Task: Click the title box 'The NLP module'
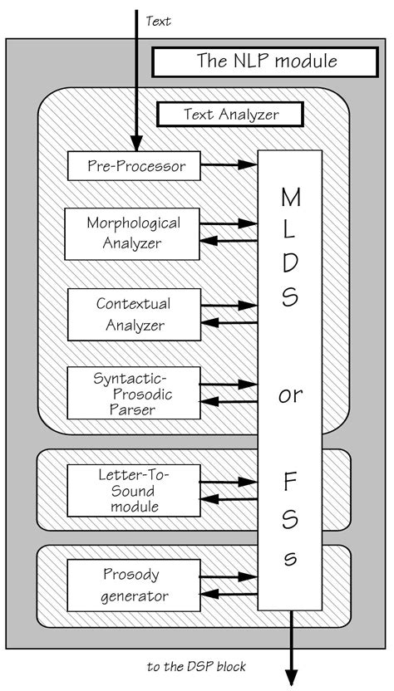[x=266, y=61]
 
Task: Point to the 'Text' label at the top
[x=158, y=22]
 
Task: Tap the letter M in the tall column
[x=290, y=198]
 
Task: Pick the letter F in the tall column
[x=290, y=480]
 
